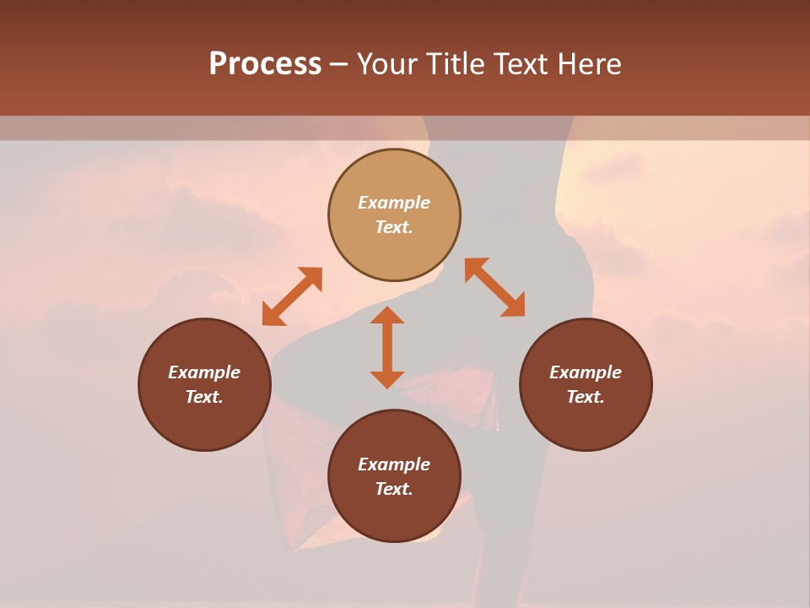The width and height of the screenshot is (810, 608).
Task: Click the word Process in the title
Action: click(265, 64)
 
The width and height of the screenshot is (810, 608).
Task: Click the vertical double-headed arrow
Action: click(387, 347)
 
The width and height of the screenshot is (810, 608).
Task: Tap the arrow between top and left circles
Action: click(292, 296)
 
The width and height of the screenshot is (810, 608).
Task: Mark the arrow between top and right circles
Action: click(495, 287)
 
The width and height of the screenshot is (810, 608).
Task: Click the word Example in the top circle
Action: click(394, 203)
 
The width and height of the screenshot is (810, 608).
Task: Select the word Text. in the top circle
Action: click(394, 227)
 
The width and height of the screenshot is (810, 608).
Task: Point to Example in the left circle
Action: click(204, 372)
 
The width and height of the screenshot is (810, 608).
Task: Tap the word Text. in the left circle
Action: click(204, 397)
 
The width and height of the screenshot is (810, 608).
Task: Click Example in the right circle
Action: click(586, 372)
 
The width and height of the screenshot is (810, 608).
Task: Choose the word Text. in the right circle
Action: click(586, 397)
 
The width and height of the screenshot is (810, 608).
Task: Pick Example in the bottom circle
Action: click(394, 464)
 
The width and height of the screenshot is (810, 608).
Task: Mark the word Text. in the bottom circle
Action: click(394, 489)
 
